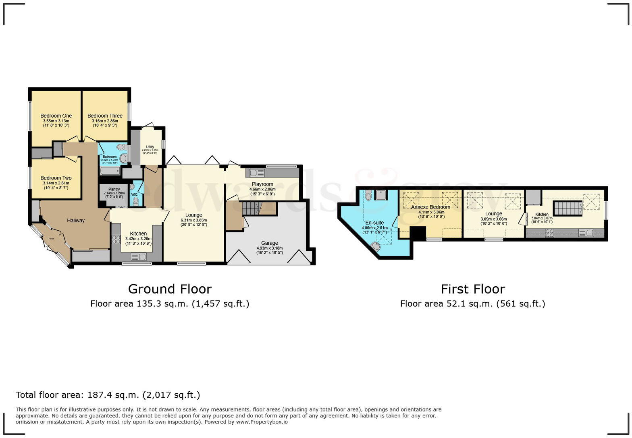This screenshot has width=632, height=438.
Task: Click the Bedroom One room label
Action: [56, 116]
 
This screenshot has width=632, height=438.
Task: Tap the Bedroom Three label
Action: [105, 116]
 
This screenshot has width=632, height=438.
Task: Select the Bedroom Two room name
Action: [56, 178]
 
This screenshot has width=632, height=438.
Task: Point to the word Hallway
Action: [76, 220]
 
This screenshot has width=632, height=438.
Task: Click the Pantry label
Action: [114, 189]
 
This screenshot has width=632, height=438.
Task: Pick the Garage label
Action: [269, 243]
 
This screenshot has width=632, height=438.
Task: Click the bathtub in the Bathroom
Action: [110, 171]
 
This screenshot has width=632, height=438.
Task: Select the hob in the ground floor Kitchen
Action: [116, 240]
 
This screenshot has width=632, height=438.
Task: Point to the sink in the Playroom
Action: [257, 173]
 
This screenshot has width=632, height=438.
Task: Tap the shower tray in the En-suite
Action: [381, 195]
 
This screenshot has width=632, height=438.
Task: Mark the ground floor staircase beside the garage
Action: [252, 209]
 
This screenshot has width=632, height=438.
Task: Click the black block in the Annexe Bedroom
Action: [418, 233]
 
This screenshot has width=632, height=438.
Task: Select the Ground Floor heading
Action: [170, 289]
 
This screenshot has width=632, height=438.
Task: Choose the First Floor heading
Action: [472, 289]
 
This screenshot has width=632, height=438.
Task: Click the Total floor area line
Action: [108, 395]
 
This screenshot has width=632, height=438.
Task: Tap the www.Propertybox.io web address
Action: [262, 422]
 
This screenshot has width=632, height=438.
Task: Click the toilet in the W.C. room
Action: [136, 200]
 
